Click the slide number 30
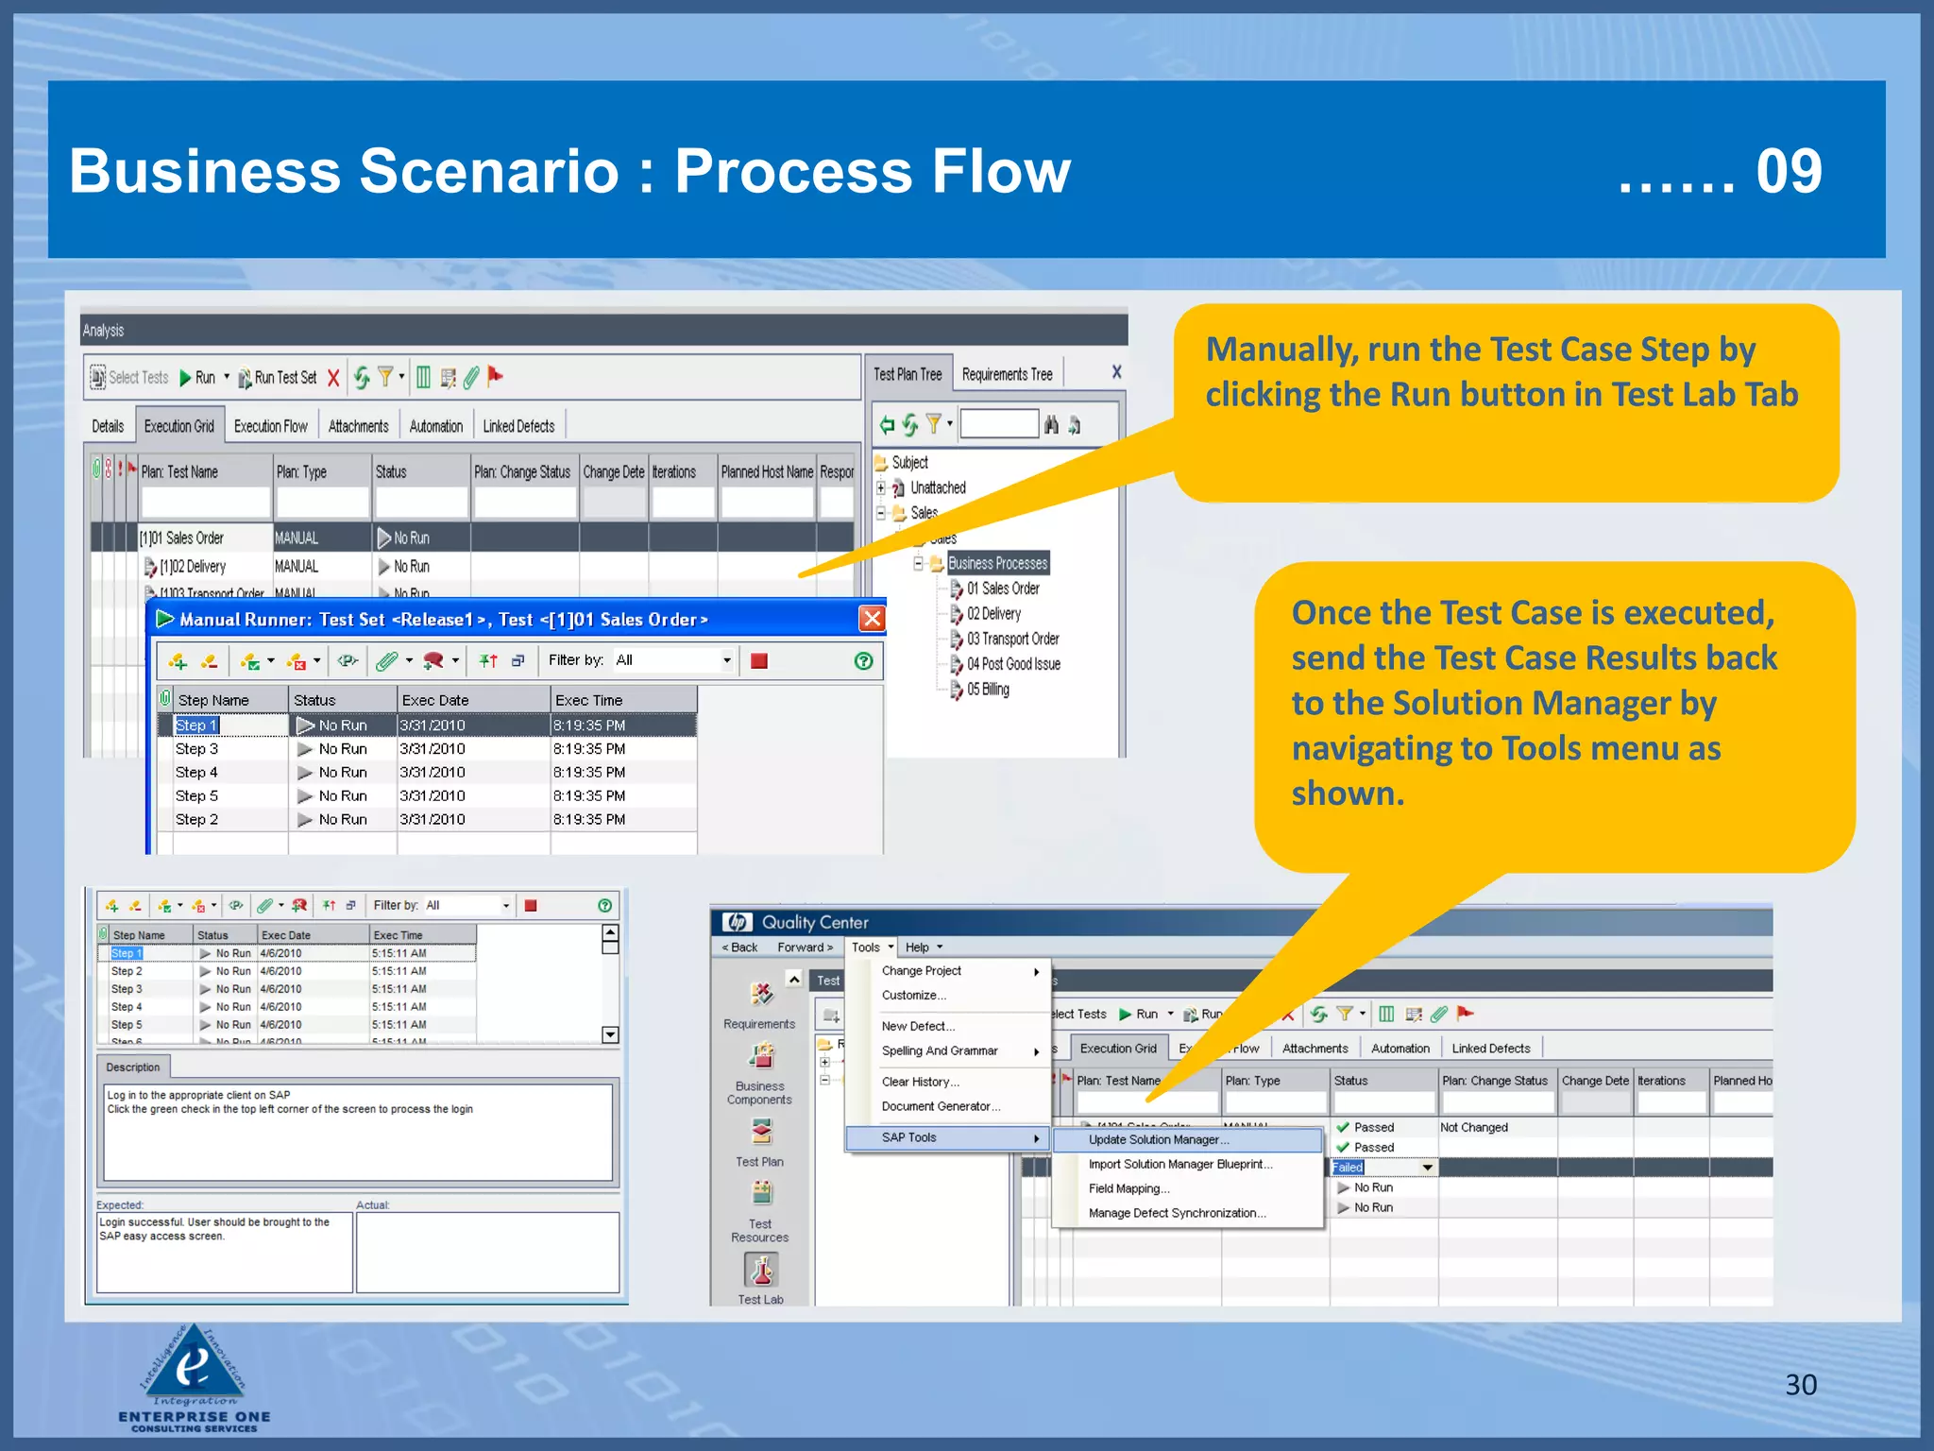coord(1800,1385)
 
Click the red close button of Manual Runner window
coord(872,619)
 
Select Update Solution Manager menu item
coord(1158,1140)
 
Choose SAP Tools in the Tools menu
coord(908,1137)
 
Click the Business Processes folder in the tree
coord(997,563)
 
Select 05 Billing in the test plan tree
coord(987,690)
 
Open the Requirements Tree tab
coord(1007,374)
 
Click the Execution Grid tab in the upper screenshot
coord(179,426)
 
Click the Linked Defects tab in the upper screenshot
coord(518,426)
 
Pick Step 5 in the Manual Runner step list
coord(196,796)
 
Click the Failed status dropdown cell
coord(1383,1168)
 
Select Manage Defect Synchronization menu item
coord(1177,1213)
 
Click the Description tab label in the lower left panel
coord(133,1067)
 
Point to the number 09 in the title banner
coord(1789,172)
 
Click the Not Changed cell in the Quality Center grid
coord(1473,1127)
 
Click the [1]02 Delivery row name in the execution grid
coord(193,567)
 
